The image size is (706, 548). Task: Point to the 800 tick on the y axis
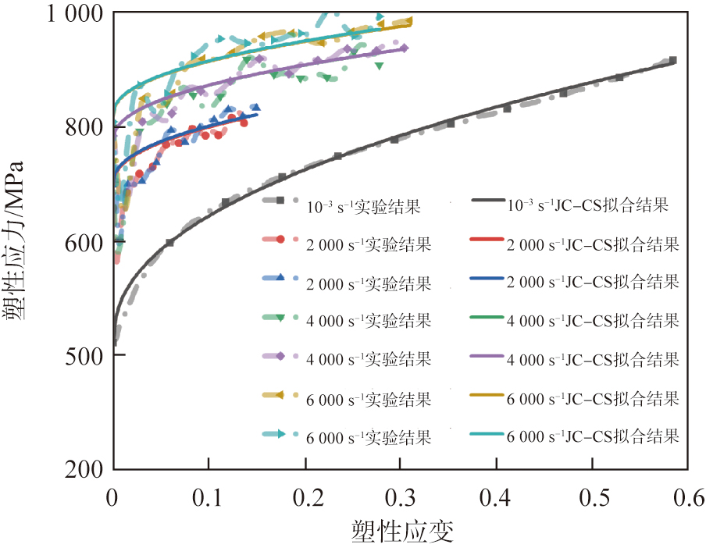pyautogui.click(x=114, y=126)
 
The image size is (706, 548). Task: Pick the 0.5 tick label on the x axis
pyautogui.click(x=592, y=497)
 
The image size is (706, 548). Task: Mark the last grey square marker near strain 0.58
pyautogui.click(x=672, y=60)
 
